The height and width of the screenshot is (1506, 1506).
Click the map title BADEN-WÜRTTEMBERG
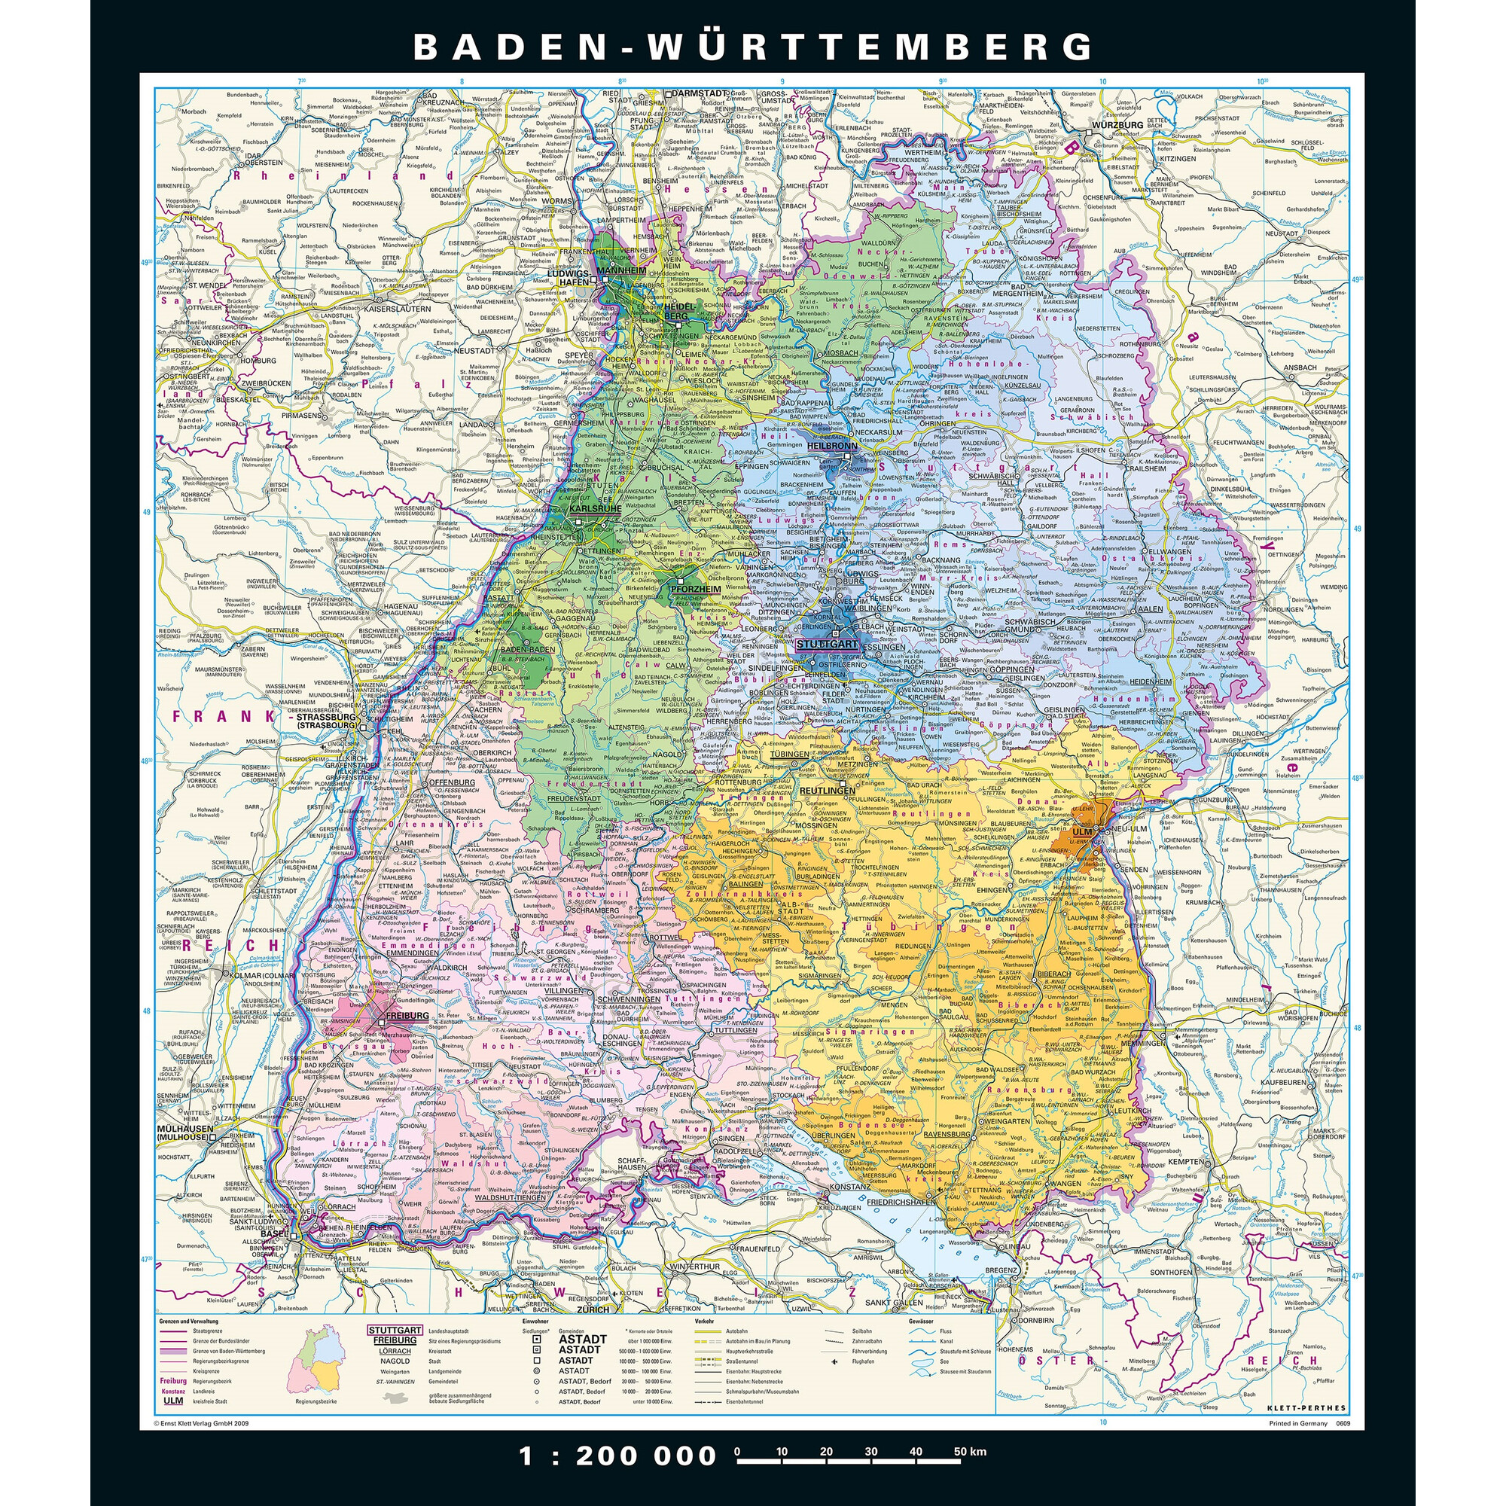tap(753, 47)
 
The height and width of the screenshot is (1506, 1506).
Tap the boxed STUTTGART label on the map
tap(826, 645)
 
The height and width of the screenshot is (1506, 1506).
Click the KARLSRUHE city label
tap(596, 508)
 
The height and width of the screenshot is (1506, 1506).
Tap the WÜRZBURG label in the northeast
tap(1117, 125)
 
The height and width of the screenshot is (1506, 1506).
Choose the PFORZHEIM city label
tap(694, 590)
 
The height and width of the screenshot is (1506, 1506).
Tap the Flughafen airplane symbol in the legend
tap(835, 1361)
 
